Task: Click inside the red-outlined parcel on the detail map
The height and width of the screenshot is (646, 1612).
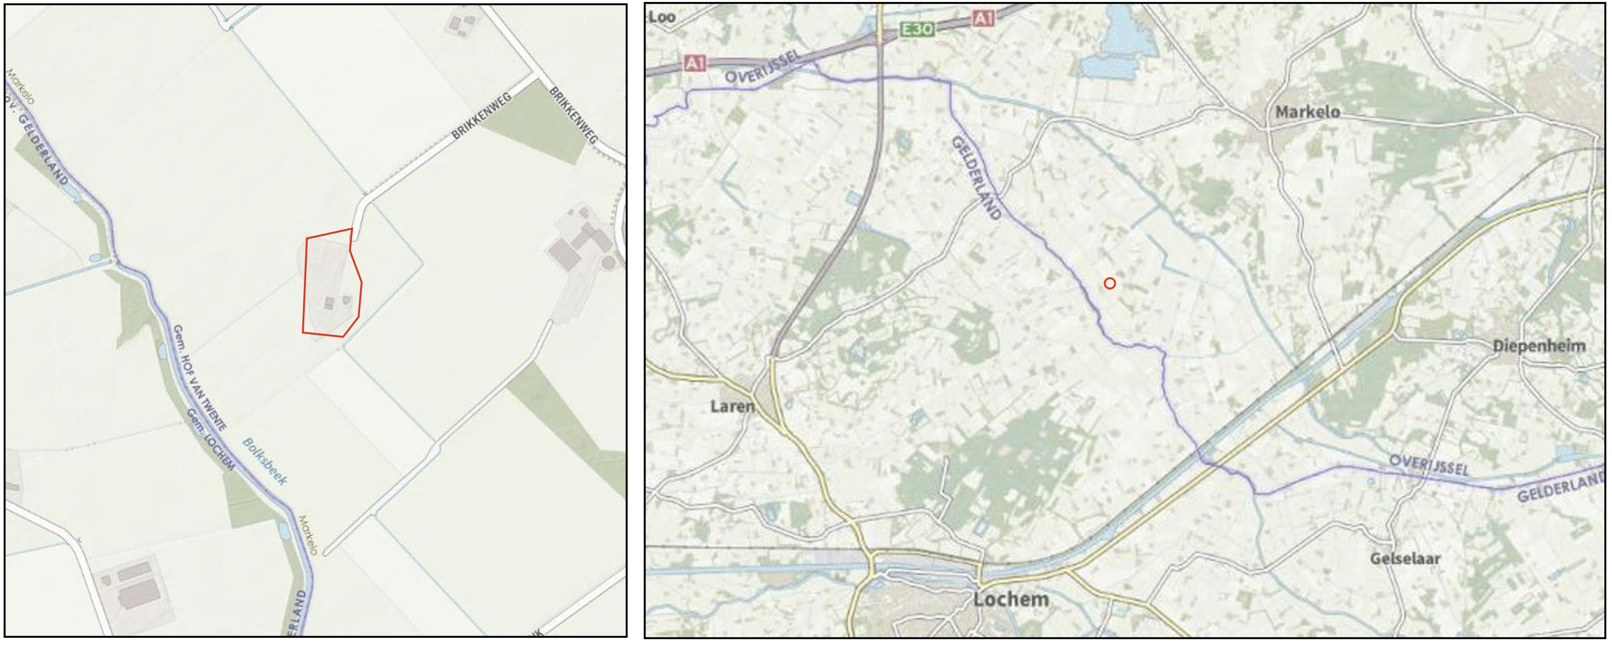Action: click(331, 285)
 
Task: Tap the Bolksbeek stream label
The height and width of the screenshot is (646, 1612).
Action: click(265, 461)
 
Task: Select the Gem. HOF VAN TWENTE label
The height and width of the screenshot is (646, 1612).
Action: click(199, 378)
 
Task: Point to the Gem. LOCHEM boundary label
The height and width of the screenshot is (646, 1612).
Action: click(211, 440)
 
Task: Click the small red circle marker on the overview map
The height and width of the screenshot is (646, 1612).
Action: click(1109, 283)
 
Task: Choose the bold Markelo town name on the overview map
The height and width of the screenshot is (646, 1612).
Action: click(1307, 112)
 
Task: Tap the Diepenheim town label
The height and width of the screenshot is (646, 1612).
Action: click(1539, 346)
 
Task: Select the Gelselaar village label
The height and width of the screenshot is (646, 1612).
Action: click(1405, 558)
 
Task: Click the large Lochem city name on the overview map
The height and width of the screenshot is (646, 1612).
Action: click(1011, 599)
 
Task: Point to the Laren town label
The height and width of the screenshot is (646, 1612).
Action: click(732, 406)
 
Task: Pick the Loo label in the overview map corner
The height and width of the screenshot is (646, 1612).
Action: click(662, 17)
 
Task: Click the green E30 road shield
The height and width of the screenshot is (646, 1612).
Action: click(917, 29)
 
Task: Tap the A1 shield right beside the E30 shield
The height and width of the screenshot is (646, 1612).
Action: click(983, 19)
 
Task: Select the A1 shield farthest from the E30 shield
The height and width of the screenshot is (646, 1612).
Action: click(695, 63)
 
